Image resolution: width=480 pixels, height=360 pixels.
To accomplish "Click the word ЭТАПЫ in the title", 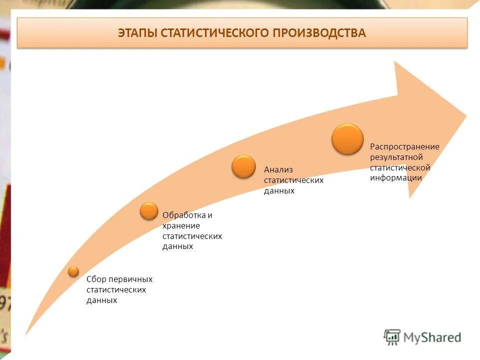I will pyautogui.click(x=137, y=33).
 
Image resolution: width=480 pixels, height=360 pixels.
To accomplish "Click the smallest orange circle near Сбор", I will pyautogui.click(x=74, y=271).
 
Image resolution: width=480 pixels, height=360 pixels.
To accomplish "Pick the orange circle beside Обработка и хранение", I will pyautogui.click(x=149, y=211).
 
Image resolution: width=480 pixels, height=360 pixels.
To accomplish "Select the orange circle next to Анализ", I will pyautogui.click(x=243, y=166).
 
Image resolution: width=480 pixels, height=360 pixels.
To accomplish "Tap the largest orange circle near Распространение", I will pyautogui.click(x=347, y=139).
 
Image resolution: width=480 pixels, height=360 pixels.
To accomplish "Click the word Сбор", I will pyautogui.click(x=96, y=279).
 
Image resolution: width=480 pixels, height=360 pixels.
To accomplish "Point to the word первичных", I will pyautogui.click(x=130, y=279).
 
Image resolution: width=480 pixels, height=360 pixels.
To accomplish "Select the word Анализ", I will pyautogui.click(x=278, y=169).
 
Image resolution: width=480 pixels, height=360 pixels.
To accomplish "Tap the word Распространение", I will pyautogui.click(x=404, y=146).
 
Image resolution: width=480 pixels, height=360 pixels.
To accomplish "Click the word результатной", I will pyautogui.click(x=396, y=157).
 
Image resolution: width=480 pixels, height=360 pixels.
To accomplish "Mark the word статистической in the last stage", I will pyautogui.click(x=400, y=167).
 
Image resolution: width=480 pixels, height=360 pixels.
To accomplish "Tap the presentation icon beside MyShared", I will pyautogui.click(x=392, y=337).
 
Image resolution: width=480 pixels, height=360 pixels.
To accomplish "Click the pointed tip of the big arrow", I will pyautogui.click(x=466, y=116).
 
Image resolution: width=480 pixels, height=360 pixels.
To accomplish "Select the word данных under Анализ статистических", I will pyautogui.click(x=279, y=190).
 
